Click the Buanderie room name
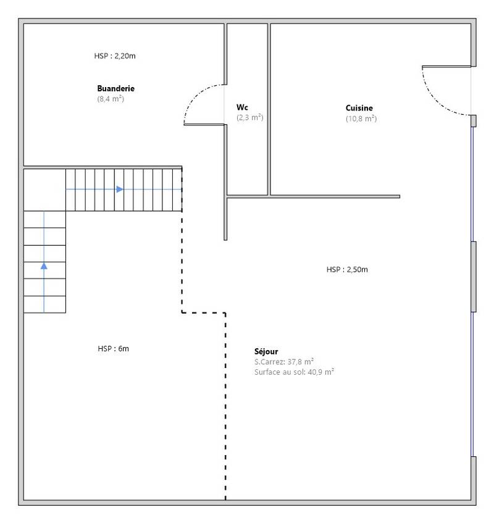click(x=115, y=88)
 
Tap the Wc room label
click(x=242, y=107)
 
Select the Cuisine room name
click(x=359, y=108)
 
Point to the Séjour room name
click(x=266, y=351)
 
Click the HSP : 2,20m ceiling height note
click(x=115, y=56)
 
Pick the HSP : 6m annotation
click(x=114, y=348)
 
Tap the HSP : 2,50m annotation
click(x=347, y=269)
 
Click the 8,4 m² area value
click(x=111, y=99)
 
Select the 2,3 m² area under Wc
click(x=250, y=117)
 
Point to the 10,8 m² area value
click(x=361, y=119)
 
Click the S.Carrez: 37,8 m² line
click(x=284, y=362)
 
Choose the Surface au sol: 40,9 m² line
click(x=294, y=372)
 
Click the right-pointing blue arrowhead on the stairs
click(x=120, y=190)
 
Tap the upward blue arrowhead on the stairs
click(x=44, y=266)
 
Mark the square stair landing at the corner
click(x=44, y=190)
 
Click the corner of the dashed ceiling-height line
click(x=182, y=313)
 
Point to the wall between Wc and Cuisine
click(x=269, y=109)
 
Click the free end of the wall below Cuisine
click(x=400, y=197)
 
